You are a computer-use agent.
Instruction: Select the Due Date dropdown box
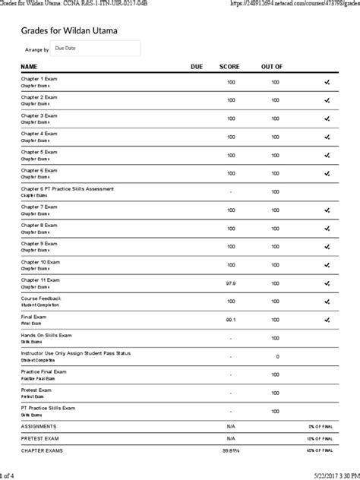point(95,49)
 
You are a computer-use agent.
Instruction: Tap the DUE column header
point(197,67)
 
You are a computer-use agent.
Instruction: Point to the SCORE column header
point(229,67)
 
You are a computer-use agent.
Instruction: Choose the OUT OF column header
point(272,67)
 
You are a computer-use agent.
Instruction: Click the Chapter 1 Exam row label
point(39,78)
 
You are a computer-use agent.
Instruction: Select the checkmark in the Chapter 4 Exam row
point(327,137)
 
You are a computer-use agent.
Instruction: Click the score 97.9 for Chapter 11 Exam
point(230,283)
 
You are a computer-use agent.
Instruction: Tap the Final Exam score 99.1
point(230,320)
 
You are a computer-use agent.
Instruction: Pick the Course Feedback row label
point(41,298)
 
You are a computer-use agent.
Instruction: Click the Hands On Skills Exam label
point(46,335)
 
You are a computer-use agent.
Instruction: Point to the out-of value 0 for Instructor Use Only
point(276,356)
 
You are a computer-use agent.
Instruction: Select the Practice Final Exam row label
point(45,371)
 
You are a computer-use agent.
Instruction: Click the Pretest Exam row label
point(36,390)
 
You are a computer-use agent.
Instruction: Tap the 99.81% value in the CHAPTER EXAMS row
point(231,450)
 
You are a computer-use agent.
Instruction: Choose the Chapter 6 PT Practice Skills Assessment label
point(68,188)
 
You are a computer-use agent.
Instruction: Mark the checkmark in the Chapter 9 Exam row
point(327,246)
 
